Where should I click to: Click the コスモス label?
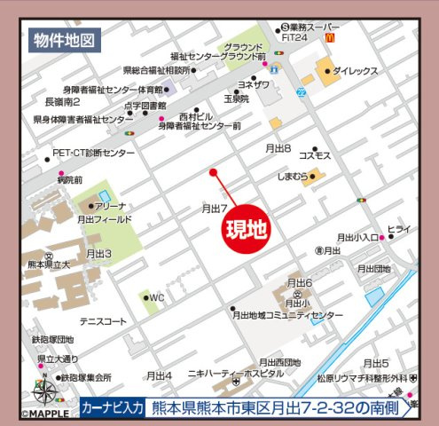coord(315,156)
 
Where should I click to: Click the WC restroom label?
coord(158,297)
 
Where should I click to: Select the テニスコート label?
coord(103,321)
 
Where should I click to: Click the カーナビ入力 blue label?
coord(112,407)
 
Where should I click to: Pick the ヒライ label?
coord(399,229)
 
